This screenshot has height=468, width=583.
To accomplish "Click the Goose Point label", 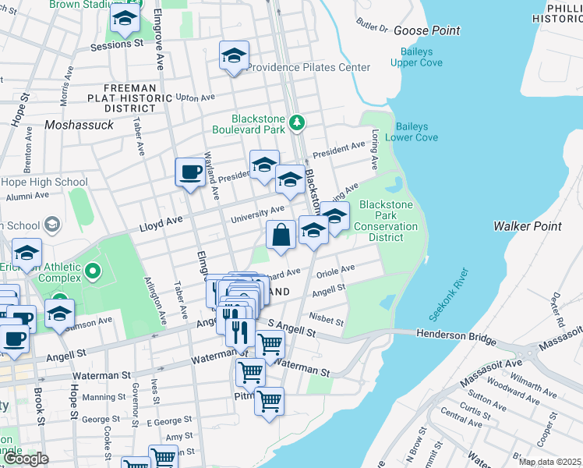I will pos(426,30).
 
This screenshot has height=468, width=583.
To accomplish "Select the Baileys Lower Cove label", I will pos(416,132).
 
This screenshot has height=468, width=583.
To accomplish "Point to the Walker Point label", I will pos(527,226).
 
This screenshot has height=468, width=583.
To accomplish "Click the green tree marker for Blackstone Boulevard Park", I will pos(296,122).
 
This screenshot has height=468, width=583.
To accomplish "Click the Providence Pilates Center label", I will pos(309,68).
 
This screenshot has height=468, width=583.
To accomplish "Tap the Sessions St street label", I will pos(117,45).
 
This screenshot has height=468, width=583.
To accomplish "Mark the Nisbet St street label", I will pos(326,321).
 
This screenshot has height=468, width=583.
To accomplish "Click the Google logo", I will pos(26,459).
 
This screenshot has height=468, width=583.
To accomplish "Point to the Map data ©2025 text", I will pos(549,462).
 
